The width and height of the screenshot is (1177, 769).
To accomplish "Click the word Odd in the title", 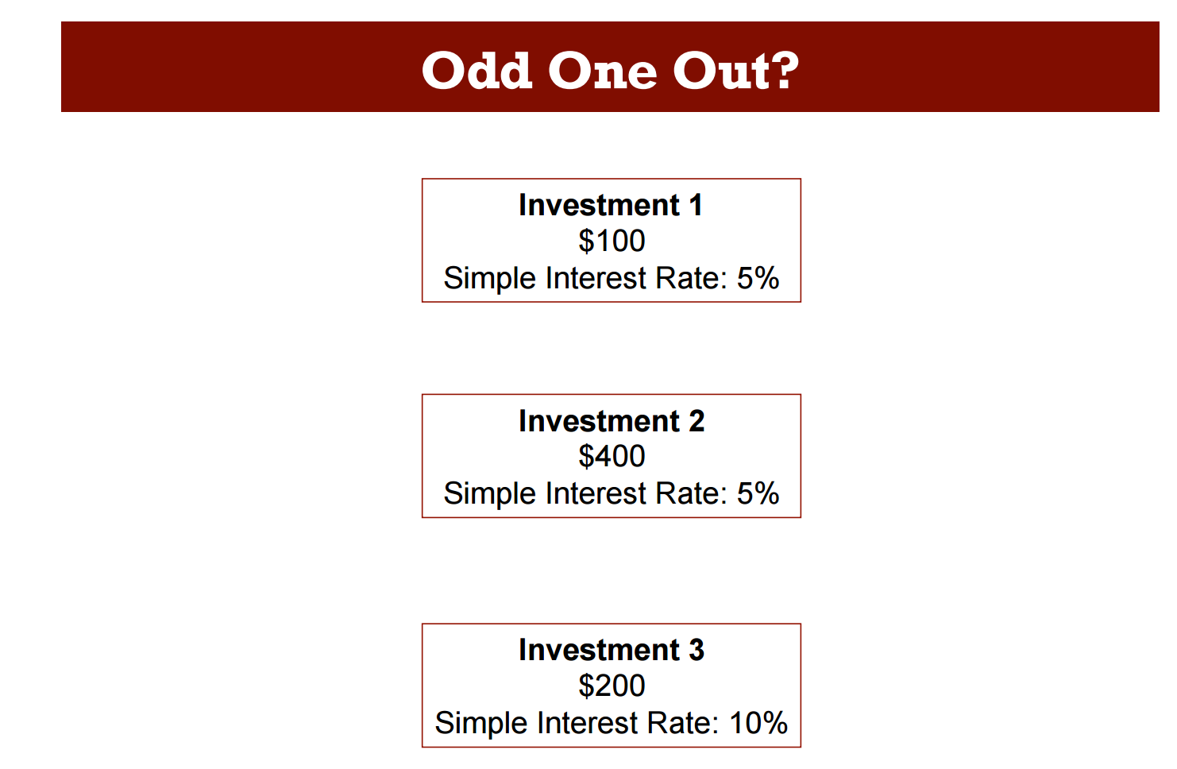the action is point(477,71).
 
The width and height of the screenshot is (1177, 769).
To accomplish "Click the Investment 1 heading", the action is point(611,204).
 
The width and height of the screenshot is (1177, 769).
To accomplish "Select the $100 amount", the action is point(612,241).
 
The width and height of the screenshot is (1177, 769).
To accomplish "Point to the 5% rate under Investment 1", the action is point(758,277).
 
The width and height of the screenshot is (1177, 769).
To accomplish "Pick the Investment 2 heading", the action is point(612,420).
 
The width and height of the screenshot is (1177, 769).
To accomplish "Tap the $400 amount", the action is point(612,456).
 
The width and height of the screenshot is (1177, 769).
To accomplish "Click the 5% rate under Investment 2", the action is point(758,493).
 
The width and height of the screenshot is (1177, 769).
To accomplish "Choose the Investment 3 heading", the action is point(612,650).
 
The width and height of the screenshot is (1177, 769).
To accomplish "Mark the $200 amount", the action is point(612,686).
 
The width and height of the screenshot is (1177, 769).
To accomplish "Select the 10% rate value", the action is point(758,723).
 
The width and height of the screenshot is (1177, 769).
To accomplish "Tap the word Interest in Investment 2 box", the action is point(596,493).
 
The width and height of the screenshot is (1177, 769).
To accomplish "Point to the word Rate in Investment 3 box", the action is point(682,723).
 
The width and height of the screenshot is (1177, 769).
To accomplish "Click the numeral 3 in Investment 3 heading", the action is point(697,650).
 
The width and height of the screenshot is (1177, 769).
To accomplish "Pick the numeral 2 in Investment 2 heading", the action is point(697,420).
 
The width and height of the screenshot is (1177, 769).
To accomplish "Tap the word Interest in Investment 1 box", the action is point(596,277).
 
